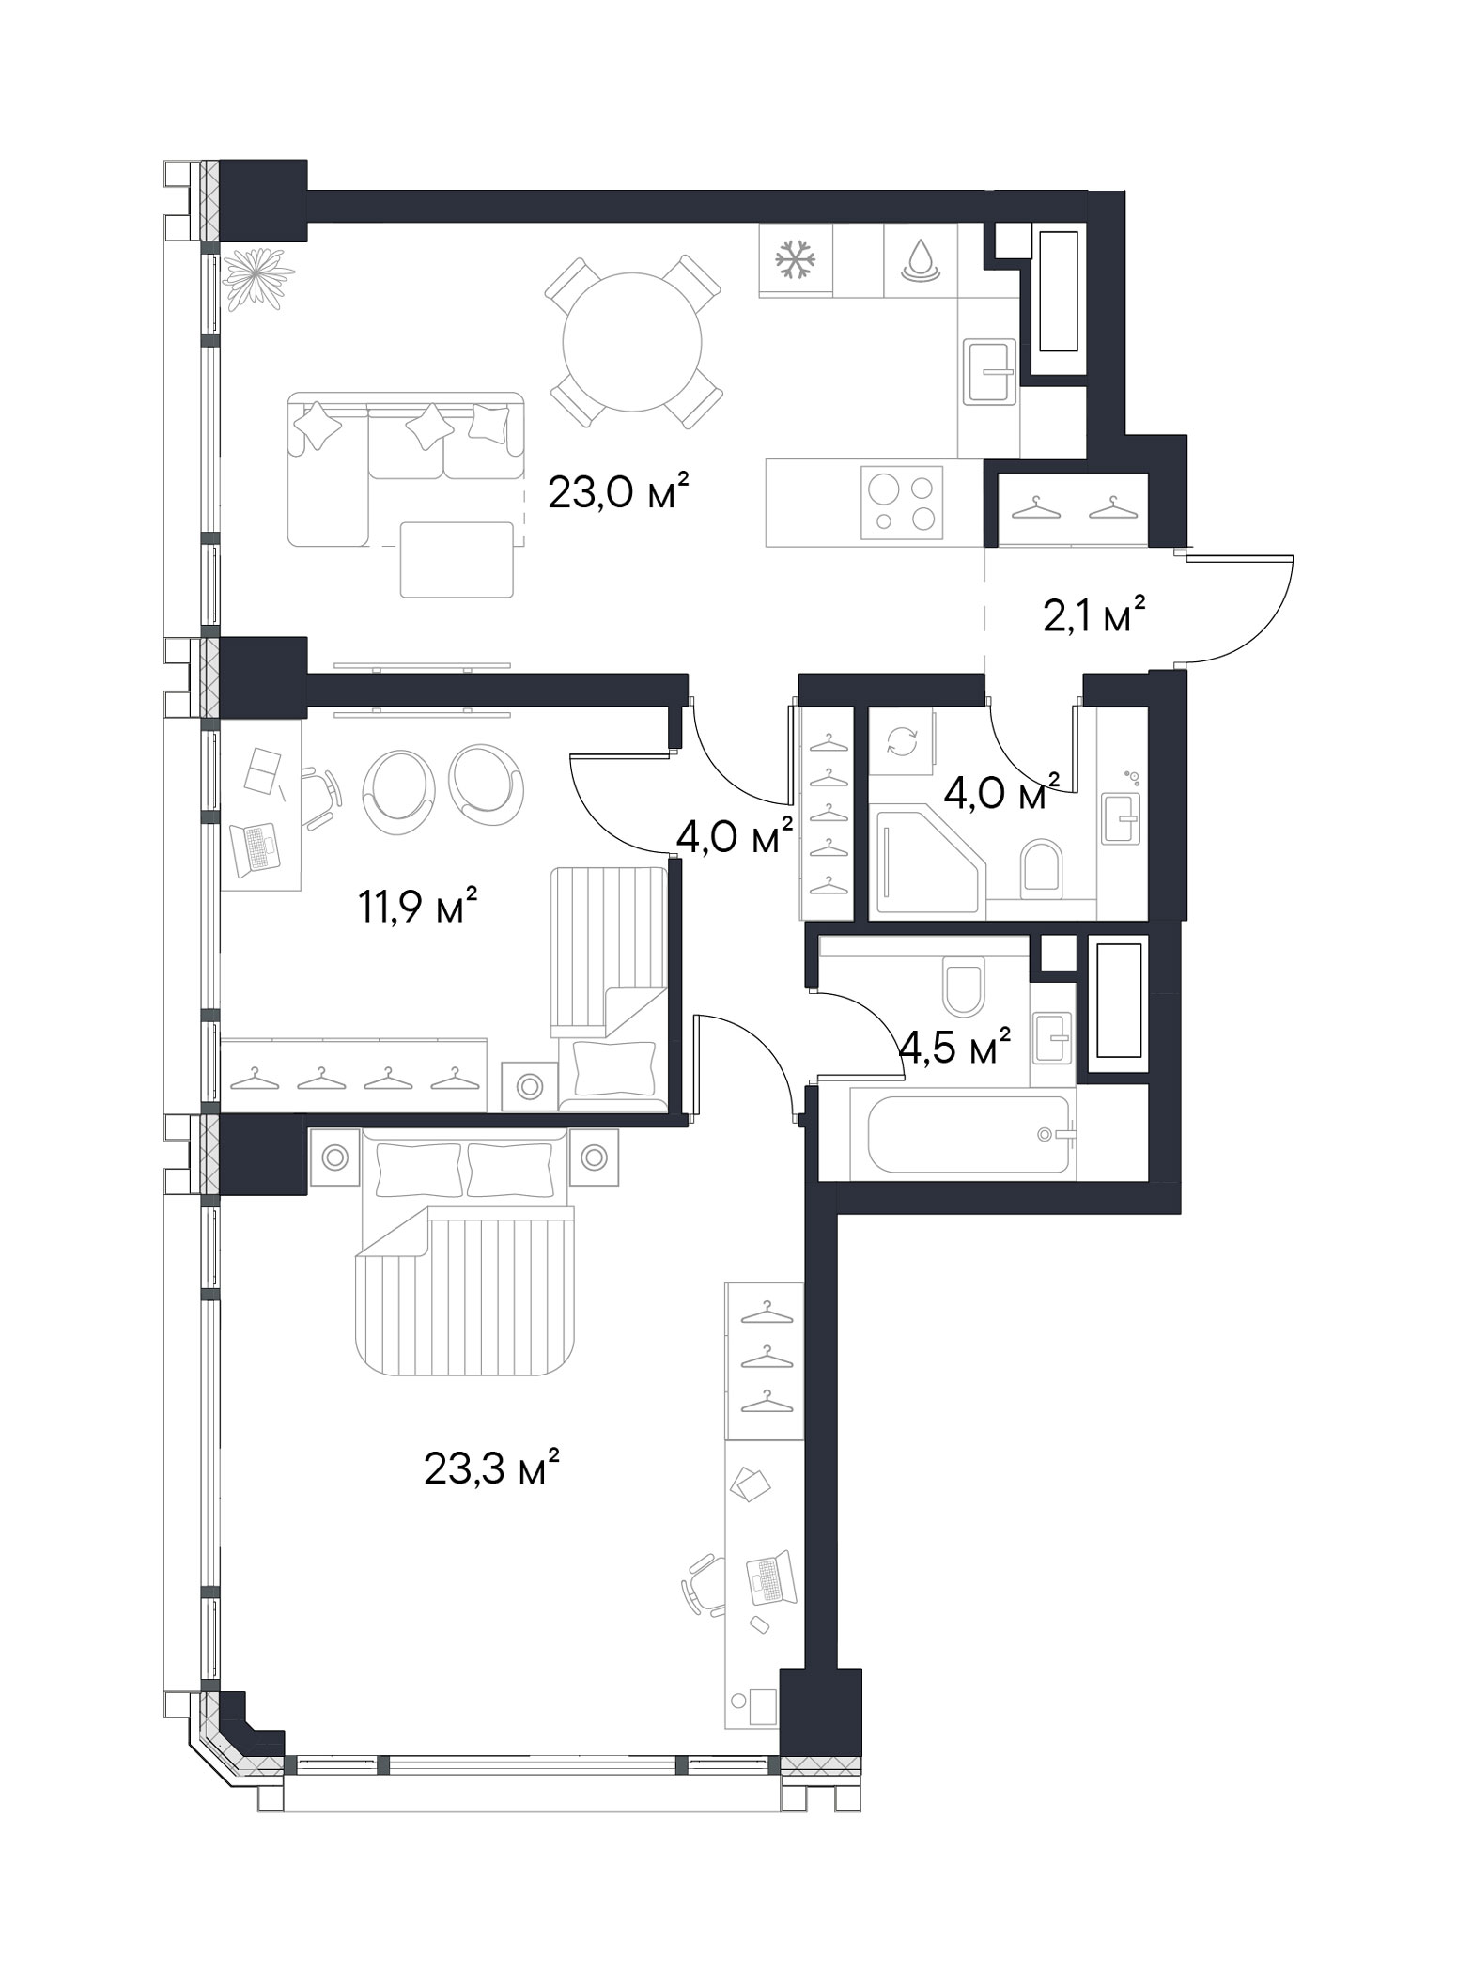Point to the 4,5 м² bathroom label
(x=954, y=1047)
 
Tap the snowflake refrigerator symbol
(x=795, y=259)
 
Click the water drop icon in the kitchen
(x=920, y=259)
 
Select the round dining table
(x=632, y=342)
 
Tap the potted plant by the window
(x=256, y=274)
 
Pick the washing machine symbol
(x=901, y=742)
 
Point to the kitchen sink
(x=988, y=370)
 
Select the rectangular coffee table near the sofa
(x=457, y=559)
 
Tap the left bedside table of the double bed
(x=334, y=1158)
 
